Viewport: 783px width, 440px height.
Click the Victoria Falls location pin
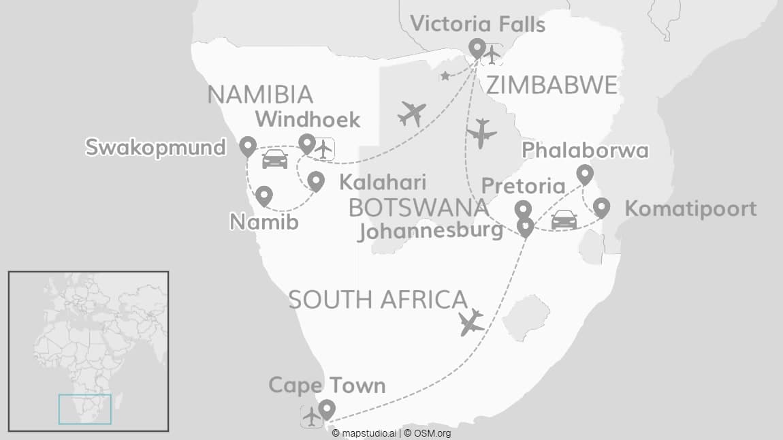[477, 48]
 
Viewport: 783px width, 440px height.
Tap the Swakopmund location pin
[247, 145]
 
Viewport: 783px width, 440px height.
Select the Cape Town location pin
[327, 409]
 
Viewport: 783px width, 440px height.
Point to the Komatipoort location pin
[601, 206]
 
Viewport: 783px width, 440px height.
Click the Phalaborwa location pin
[585, 174]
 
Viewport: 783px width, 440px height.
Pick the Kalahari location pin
[316, 180]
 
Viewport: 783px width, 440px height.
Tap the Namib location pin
[263, 195]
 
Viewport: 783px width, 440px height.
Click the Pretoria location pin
[522, 209]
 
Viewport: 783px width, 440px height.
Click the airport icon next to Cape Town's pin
[311, 415]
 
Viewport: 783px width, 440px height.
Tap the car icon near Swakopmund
[274, 159]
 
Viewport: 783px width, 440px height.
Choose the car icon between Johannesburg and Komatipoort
[564, 219]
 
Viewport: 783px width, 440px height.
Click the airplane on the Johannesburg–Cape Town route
[471, 322]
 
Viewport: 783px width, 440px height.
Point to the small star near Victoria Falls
[445, 76]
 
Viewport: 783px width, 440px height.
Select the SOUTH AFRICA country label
[378, 300]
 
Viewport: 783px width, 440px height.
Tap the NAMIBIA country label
[260, 95]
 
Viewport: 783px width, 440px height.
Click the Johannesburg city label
[431, 231]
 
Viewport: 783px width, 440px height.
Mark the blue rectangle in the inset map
[85, 409]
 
